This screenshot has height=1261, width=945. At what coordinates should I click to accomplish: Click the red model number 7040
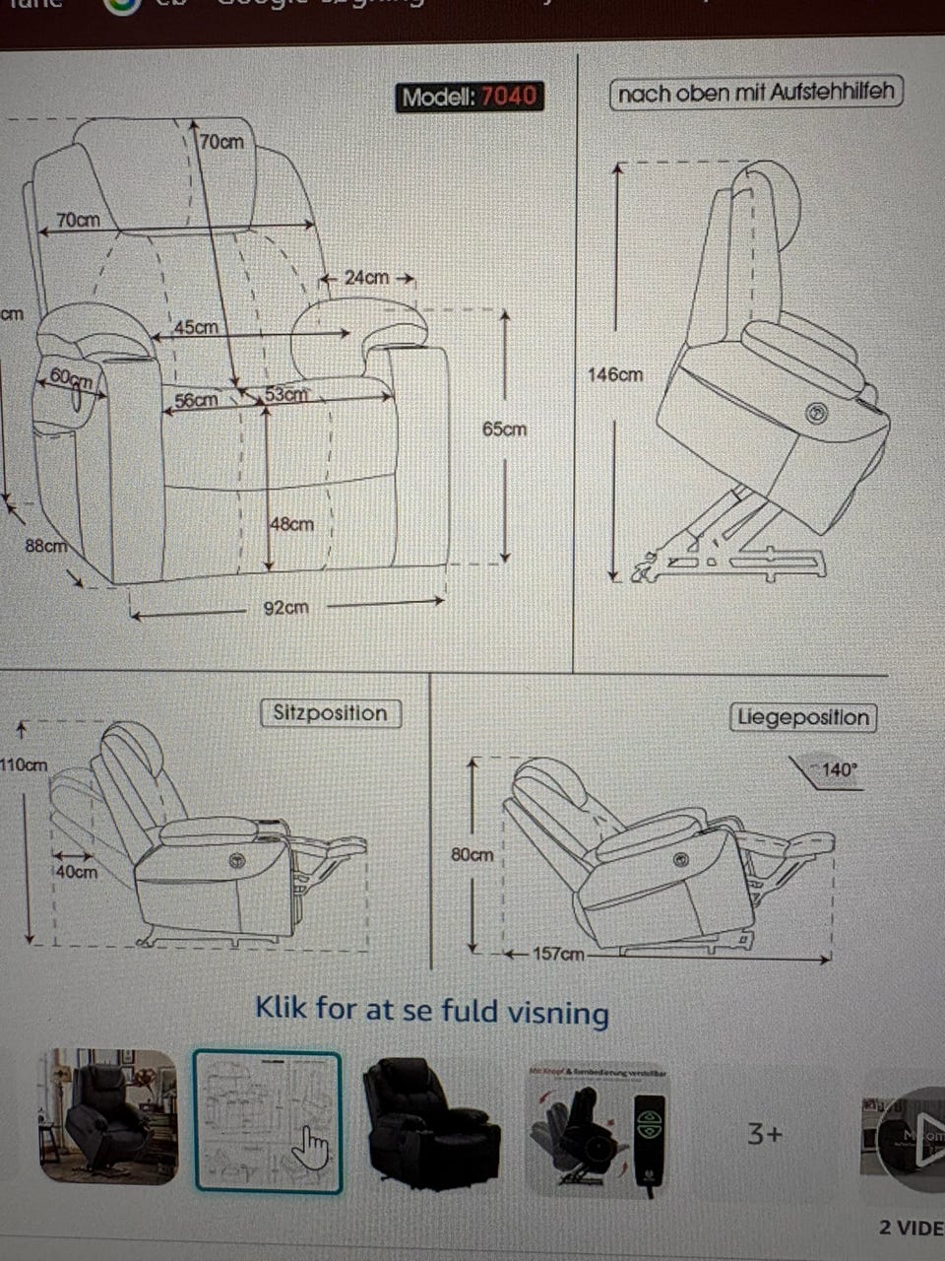[x=509, y=97]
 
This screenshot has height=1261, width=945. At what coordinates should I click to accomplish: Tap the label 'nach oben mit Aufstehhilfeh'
[x=756, y=94]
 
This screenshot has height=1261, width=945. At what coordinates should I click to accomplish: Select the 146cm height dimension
[x=615, y=375]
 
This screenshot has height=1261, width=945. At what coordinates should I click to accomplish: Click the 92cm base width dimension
[x=285, y=608]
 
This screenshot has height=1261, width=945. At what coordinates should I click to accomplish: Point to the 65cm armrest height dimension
[x=504, y=430]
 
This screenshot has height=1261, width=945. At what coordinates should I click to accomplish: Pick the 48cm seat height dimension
[x=292, y=524]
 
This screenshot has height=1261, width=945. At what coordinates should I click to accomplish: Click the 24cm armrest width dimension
[x=366, y=278]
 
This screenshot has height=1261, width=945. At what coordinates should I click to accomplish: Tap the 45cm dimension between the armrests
[x=197, y=327]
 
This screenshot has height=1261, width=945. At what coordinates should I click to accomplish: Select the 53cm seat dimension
[x=285, y=395]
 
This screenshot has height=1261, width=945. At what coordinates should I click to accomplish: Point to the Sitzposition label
[x=330, y=713]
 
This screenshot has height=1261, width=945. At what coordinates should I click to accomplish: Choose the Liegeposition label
[x=803, y=717]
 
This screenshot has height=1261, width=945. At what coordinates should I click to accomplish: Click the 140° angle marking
[x=839, y=770]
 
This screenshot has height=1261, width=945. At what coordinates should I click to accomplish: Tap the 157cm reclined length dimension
[x=558, y=954]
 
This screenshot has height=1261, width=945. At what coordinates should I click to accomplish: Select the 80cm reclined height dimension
[x=472, y=855]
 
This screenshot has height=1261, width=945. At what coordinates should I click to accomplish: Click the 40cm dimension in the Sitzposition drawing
[x=76, y=872]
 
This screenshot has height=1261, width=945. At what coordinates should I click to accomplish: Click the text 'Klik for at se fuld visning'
[x=432, y=1011]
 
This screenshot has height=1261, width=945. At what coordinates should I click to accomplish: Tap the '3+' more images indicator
[x=765, y=1134]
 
